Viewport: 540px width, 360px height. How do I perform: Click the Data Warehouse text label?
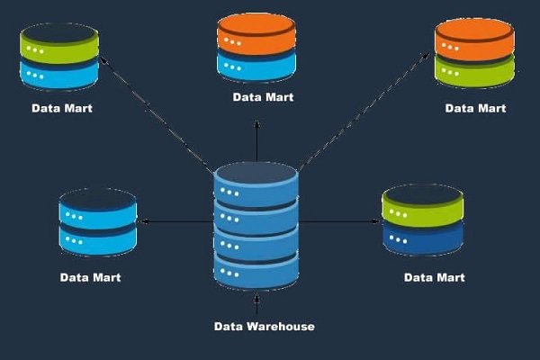pyautogui.click(x=264, y=327)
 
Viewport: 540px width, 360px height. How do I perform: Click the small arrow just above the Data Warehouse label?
pyautogui.click(x=257, y=301)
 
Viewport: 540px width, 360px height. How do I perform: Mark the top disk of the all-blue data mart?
pyautogui.click(x=97, y=211)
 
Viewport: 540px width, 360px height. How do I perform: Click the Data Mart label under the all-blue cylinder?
pyautogui.click(x=90, y=277)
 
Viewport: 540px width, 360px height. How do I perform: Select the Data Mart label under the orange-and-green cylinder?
pyautogui.click(x=475, y=108)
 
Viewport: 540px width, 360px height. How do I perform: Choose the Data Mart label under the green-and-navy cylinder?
pyautogui.click(x=434, y=277)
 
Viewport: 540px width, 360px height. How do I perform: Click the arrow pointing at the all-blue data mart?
pyautogui.click(x=175, y=220)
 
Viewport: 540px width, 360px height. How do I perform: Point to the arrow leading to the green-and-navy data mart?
pyautogui.click(x=337, y=220)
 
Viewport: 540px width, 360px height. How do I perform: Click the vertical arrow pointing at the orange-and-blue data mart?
pyautogui.click(x=257, y=135)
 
